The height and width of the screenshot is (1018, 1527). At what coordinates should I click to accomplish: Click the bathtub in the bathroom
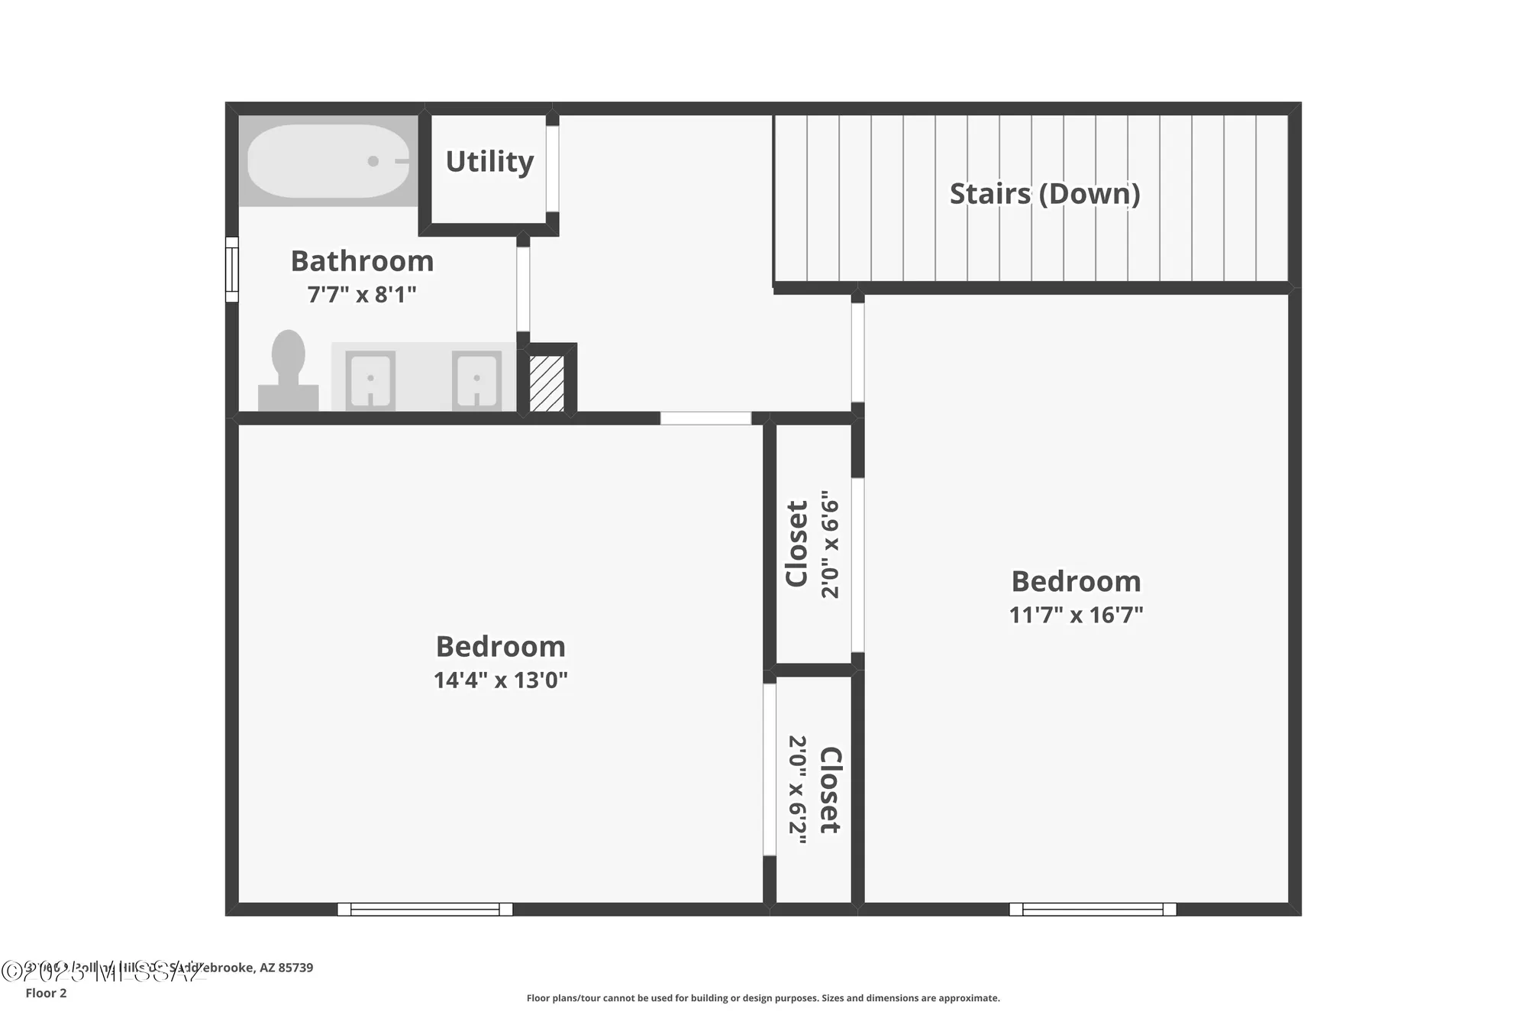pyautogui.click(x=328, y=161)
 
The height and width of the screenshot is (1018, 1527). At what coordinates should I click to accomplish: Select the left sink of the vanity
pyautogui.click(x=370, y=380)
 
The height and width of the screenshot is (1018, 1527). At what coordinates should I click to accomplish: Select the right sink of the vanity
pyautogui.click(x=476, y=380)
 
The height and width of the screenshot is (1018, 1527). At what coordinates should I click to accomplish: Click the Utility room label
pyautogui.click(x=489, y=162)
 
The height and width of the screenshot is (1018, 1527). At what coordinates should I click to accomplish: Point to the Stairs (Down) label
pyautogui.click(x=1044, y=194)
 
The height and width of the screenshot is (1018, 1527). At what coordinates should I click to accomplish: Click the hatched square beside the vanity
pyautogui.click(x=547, y=383)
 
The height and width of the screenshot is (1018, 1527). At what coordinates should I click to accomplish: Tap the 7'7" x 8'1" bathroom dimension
pyautogui.click(x=362, y=295)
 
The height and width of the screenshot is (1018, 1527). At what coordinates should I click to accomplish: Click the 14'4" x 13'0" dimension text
pyautogui.click(x=500, y=680)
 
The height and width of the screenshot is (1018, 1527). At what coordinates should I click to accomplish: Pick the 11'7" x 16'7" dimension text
pyautogui.click(x=1076, y=615)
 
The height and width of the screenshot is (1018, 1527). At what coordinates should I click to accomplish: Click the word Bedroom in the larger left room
pyautogui.click(x=500, y=647)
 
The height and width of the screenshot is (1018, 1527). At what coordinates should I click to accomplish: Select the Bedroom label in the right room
pyautogui.click(x=1076, y=582)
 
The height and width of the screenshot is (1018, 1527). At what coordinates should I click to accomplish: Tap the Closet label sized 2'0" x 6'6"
pyautogui.click(x=797, y=544)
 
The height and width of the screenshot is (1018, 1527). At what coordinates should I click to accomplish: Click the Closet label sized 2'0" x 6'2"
pyautogui.click(x=830, y=790)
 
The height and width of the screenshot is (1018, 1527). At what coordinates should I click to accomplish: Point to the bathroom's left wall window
pyautogui.click(x=231, y=269)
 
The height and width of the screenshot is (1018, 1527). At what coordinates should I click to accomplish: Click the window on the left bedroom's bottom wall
pyautogui.click(x=425, y=909)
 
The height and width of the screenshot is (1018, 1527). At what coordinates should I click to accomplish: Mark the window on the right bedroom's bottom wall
pyautogui.click(x=1093, y=909)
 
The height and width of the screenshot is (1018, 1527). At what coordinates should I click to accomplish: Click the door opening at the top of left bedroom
pyautogui.click(x=705, y=419)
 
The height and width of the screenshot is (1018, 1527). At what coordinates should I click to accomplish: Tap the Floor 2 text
pyautogui.click(x=46, y=993)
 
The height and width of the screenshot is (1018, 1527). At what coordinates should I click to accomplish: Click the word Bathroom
pyautogui.click(x=362, y=262)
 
